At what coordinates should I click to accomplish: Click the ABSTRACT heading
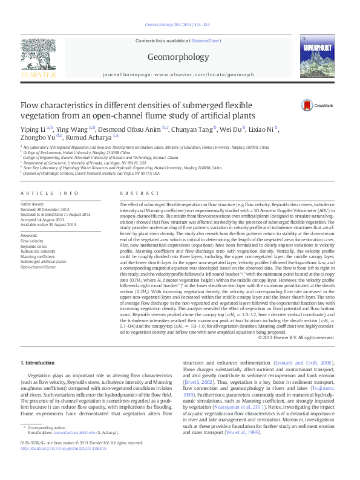[x=136, y=193]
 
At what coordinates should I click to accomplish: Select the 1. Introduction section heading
[x=39, y=363]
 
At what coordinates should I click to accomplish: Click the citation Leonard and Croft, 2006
[x=312, y=363]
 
